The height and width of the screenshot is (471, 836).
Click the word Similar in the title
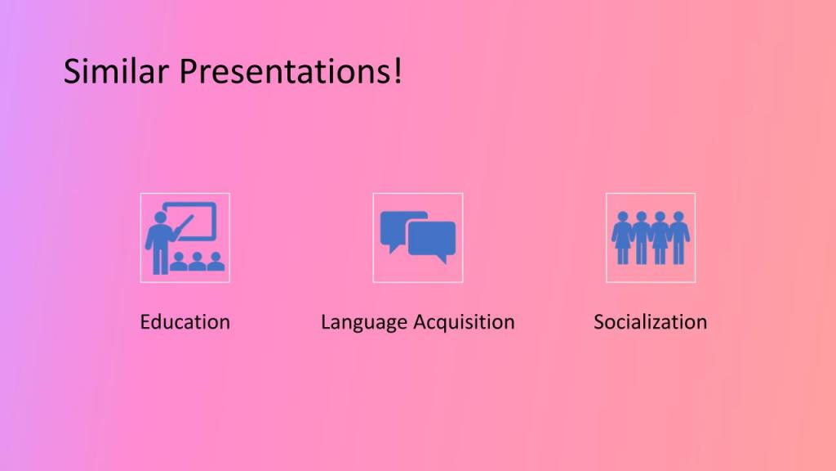pos(116,71)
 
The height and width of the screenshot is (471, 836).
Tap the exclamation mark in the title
pos(398,70)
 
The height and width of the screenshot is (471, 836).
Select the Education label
pos(185,322)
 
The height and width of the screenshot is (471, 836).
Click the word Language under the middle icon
pos(364,323)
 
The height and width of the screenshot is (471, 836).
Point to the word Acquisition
pos(465,322)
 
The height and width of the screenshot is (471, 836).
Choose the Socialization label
pos(651,322)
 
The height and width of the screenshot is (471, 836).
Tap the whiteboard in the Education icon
pos(190,221)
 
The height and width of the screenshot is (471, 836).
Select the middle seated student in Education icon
pos(197,261)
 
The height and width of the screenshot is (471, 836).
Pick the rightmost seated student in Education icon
pos(216,261)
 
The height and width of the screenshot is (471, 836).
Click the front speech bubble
pos(432,241)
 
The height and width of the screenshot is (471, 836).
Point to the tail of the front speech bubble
pos(442,259)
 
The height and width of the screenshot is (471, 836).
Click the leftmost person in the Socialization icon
pos(621,238)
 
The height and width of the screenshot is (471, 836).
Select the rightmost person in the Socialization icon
pos(678,238)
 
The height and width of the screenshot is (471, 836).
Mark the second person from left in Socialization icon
pos(642,238)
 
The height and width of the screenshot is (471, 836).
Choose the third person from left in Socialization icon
pos(660,238)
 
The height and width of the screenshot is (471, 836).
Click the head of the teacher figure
pos(159,218)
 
